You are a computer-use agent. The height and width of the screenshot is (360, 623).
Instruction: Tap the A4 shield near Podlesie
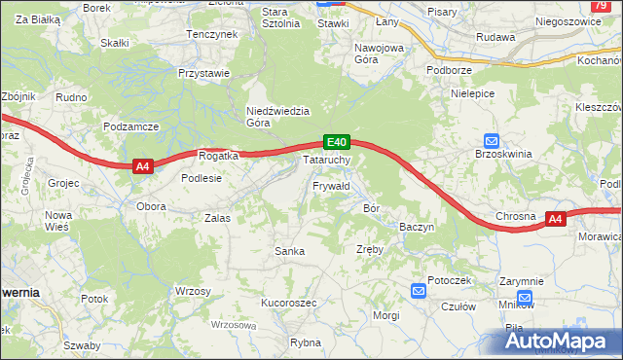click(x=142, y=166)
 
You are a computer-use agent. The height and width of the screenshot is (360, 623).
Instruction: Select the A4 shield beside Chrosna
click(x=555, y=219)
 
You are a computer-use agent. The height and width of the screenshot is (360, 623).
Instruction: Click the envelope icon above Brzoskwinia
click(x=491, y=140)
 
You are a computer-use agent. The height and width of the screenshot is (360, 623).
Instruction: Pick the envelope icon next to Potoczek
click(x=419, y=290)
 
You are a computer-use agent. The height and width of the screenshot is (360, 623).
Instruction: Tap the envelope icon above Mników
click(x=526, y=297)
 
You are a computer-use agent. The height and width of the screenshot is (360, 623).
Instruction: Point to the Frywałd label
click(x=331, y=185)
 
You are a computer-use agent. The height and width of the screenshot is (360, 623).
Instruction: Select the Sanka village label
click(x=290, y=251)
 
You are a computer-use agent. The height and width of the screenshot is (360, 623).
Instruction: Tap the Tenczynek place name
click(x=212, y=34)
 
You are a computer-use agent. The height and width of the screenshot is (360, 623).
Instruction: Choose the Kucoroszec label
click(x=289, y=303)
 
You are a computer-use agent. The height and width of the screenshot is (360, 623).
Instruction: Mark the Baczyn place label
click(x=417, y=227)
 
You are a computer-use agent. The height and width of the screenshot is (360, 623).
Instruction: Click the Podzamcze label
click(x=130, y=127)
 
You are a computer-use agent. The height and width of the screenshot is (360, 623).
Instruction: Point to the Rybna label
click(x=306, y=342)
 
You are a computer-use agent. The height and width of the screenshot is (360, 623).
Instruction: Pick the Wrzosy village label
click(x=193, y=291)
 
